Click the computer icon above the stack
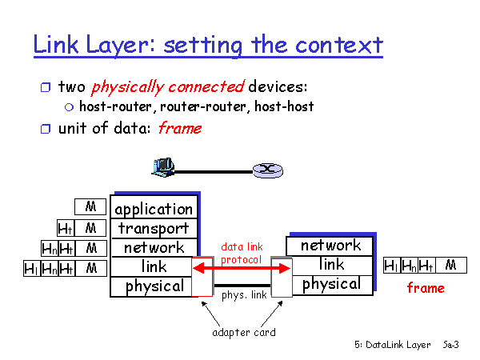[162, 166]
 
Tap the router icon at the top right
[264, 170]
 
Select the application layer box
[154, 209]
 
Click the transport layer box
[154, 228]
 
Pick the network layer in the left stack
[154, 247]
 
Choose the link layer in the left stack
[154, 266]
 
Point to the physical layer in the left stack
[154, 286]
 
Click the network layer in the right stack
[331, 246]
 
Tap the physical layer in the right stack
[331, 284]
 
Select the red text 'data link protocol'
[242, 254]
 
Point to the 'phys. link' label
[243, 294]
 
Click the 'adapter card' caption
[244, 332]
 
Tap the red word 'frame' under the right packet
[426, 288]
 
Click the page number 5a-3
[450, 345]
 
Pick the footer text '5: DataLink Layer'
[393, 345]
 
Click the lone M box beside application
[90, 207]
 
